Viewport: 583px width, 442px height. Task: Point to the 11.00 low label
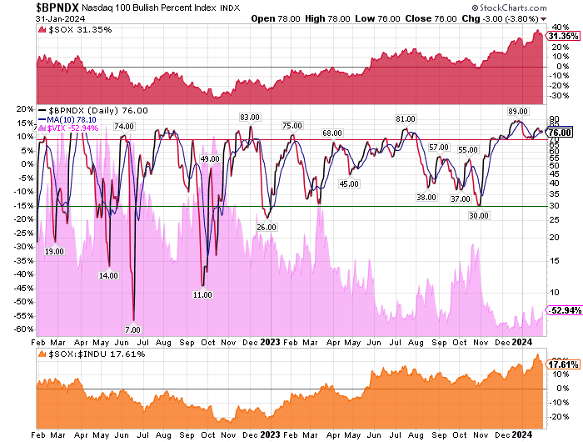tap(202, 294)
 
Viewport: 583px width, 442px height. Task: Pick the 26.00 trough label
tap(266, 227)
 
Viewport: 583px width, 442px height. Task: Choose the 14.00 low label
tap(108, 275)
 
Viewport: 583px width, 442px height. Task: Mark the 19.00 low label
tap(54, 251)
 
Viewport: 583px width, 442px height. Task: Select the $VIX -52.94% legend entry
tap(74, 128)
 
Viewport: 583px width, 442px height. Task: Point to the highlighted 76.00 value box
tap(559, 132)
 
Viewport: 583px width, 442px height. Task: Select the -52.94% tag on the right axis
tap(559, 310)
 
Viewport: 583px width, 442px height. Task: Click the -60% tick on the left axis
tap(23, 329)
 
